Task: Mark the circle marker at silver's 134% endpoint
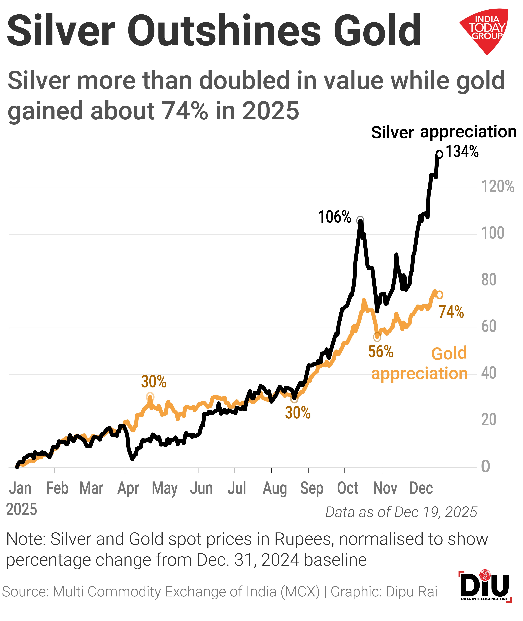click(439, 154)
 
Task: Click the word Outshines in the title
click(224, 31)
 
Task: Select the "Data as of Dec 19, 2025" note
click(401, 512)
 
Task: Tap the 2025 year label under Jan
click(22, 510)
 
